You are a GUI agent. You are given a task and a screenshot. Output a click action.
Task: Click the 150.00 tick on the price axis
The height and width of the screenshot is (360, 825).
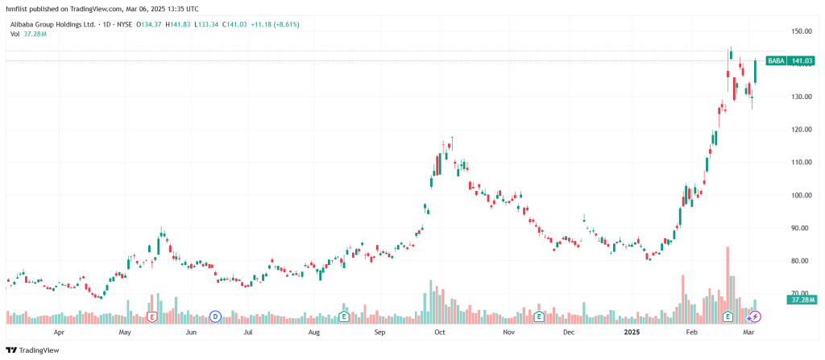[x=801, y=31]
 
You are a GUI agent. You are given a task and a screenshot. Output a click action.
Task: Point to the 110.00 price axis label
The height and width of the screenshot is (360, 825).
[x=801, y=163]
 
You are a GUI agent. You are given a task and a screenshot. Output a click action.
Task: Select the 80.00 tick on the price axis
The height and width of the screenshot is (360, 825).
[x=800, y=261]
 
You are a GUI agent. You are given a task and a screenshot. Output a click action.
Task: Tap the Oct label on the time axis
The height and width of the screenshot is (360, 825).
[x=440, y=331]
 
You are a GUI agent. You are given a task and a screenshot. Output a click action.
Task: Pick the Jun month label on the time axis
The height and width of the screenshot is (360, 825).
[x=191, y=331]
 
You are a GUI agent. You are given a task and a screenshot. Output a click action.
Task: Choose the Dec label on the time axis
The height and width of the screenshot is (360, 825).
[x=569, y=331]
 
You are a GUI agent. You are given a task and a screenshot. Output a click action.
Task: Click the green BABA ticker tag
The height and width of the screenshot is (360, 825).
[x=776, y=60]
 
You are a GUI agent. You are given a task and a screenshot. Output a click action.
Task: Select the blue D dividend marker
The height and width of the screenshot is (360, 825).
[x=215, y=317]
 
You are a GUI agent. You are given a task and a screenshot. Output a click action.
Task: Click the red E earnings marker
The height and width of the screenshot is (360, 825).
[x=151, y=317]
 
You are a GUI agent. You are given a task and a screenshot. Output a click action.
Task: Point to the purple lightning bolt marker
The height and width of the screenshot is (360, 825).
[x=755, y=317]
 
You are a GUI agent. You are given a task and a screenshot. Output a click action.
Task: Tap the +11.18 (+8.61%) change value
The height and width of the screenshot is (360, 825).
[x=275, y=24]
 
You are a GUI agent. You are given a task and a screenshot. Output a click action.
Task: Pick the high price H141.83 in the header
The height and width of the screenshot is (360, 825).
[x=182, y=24]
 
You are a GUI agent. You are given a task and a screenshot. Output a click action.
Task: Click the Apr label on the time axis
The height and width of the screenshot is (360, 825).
[x=58, y=331]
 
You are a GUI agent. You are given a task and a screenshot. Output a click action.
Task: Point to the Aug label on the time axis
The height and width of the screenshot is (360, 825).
[x=314, y=331]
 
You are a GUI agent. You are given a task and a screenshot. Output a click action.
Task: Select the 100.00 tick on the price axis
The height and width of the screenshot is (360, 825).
[x=801, y=196]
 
